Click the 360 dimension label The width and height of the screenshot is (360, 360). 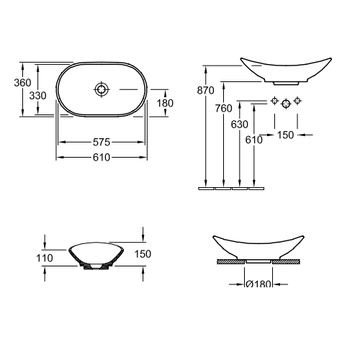(22, 83)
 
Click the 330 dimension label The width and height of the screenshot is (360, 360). (37, 96)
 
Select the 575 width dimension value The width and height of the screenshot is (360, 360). (102, 143)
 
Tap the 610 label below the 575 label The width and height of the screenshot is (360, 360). (102, 158)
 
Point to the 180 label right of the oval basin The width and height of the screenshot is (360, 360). (165, 103)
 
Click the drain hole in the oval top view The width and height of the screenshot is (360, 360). (102, 89)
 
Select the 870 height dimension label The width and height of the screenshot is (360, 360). (205, 91)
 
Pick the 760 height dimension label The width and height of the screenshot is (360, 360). (223, 109)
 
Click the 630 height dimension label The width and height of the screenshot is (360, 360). (239, 125)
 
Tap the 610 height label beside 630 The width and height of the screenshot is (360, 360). (254, 140)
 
